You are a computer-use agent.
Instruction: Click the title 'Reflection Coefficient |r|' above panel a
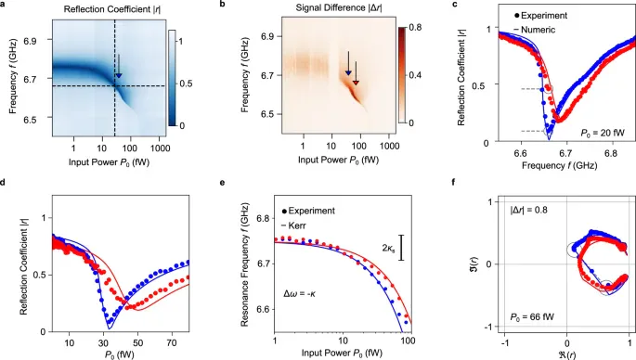click(x=111, y=9)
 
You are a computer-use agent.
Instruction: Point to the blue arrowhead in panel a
click(x=119, y=75)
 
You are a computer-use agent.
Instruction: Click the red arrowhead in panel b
click(x=356, y=83)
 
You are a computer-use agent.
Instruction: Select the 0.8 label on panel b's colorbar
click(x=415, y=28)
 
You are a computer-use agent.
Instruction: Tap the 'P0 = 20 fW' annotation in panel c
click(x=604, y=133)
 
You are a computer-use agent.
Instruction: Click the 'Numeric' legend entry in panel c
click(x=538, y=30)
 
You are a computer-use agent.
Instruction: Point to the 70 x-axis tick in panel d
click(x=171, y=343)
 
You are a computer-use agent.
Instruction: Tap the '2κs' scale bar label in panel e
click(x=389, y=248)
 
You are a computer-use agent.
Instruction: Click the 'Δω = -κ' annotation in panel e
click(x=299, y=293)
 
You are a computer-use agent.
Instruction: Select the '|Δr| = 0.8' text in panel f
click(x=529, y=210)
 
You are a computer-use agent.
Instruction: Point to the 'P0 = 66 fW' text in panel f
click(x=532, y=316)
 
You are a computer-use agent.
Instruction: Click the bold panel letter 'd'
click(x=3, y=183)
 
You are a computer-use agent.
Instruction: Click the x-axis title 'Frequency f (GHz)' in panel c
click(x=559, y=165)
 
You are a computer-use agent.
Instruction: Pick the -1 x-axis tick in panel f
click(x=504, y=343)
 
